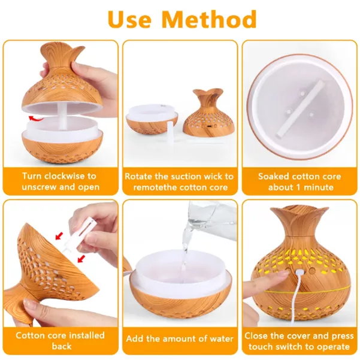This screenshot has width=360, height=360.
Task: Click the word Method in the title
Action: tap(210, 19)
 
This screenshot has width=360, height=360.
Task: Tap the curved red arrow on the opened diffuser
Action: tap(36, 119)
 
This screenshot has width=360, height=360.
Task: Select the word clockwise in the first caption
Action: tap(65, 176)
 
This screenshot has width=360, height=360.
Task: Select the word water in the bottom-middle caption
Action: tap(221, 338)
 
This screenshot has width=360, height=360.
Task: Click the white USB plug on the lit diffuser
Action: tap(299, 273)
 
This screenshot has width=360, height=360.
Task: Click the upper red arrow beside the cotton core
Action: tap(59, 236)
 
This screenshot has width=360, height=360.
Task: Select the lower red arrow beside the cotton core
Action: tap(81, 258)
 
